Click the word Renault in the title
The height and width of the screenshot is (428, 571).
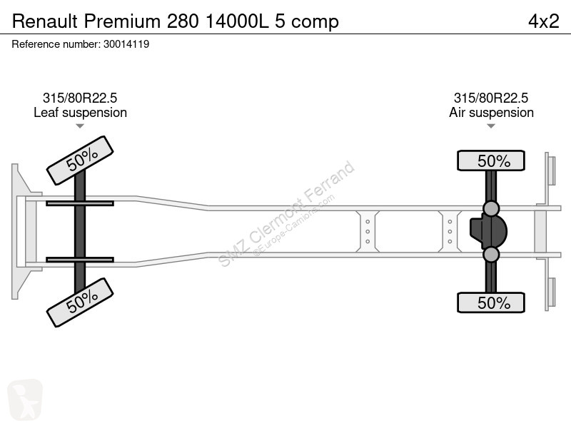[x=45, y=21]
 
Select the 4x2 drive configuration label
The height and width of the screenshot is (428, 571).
[x=543, y=21]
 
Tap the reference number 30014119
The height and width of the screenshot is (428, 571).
[x=126, y=44]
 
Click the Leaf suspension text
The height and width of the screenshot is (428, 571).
[x=80, y=113]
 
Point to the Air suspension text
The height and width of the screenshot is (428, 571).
[x=491, y=113]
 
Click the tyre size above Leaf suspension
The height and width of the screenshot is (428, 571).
[x=80, y=98]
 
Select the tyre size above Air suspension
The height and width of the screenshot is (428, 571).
[x=491, y=98]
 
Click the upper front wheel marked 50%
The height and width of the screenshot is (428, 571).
[x=80, y=160]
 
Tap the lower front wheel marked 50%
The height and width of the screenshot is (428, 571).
[x=80, y=302]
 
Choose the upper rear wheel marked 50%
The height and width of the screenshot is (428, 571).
[x=491, y=160]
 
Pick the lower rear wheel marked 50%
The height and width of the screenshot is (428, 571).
[x=491, y=302]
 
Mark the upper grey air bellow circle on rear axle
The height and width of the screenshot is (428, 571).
[x=491, y=208]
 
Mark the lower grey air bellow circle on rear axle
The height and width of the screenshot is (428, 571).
[x=491, y=255]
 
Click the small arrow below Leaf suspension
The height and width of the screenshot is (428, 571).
[x=80, y=126]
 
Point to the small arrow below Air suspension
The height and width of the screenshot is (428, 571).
[x=491, y=126]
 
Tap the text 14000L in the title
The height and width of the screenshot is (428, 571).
[x=237, y=21]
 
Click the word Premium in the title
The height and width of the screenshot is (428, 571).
[x=122, y=21]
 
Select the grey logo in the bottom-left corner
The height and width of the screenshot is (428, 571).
[x=25, y=399]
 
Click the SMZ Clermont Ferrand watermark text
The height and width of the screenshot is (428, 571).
[x=287, y=213]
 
